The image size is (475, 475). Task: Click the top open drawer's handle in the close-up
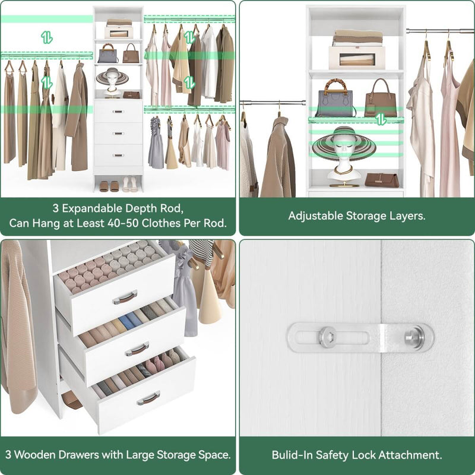tap(124, 296)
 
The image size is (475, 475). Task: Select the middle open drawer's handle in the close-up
tap(137, 349)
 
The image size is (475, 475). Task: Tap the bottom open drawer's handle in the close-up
tap(148, 398)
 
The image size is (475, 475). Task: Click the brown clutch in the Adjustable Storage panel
tap(382, 180)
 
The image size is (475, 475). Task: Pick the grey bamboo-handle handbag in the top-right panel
tap(335, 100)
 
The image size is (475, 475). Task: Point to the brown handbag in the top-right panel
tap(380, 99)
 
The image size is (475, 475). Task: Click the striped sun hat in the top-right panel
tap(344, 143)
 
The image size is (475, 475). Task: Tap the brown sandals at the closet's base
tap(109, 186)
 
